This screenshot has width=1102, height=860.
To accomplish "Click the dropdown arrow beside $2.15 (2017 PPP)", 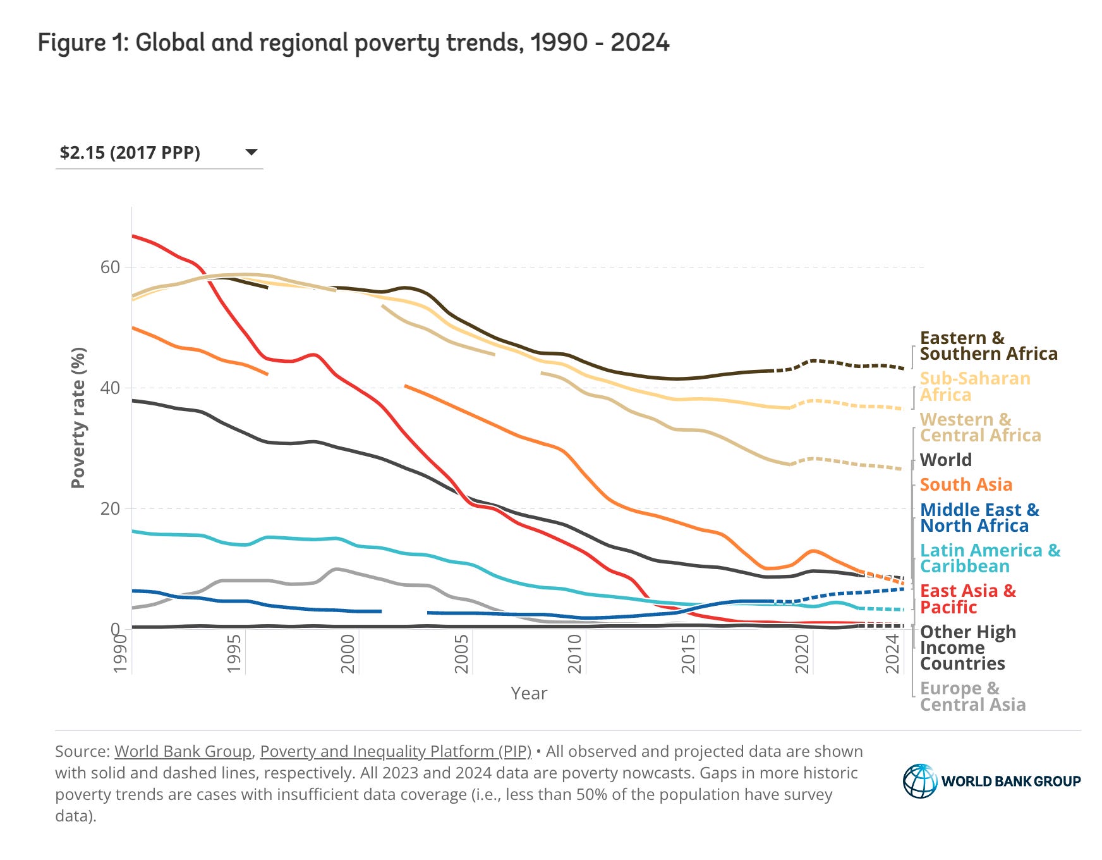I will click(x=251, y=152).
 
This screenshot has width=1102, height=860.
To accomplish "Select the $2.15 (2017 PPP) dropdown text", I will click(x=130, y=153).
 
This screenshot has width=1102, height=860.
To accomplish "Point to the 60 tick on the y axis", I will click(x=110, y=267).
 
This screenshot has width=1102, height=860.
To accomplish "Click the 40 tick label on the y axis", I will click(x=110, y=388).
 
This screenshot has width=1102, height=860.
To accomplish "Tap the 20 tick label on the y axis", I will click(x=110, y=509).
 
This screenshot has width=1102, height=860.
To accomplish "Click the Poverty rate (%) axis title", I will click(x=78, y=417).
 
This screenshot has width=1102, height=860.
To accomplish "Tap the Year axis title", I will click(x=529, y=694).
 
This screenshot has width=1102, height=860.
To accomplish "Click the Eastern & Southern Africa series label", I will click(x=988, y=346).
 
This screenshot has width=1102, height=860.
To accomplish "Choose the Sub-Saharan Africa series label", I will click(x=974, y=386).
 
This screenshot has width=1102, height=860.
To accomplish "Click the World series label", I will click(x=945, y=460).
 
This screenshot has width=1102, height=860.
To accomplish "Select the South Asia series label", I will click(x=966, y=484).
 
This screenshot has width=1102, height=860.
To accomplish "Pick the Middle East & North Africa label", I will click(x=979, y=518).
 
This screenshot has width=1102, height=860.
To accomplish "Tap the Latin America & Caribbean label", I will click(x=990, y=558).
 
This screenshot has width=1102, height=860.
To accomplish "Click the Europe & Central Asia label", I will click(x=972, y=696).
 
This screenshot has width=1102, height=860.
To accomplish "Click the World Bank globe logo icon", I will click(x=920, y=781).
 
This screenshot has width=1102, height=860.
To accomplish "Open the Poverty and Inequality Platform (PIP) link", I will click(x=396, y=751).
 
